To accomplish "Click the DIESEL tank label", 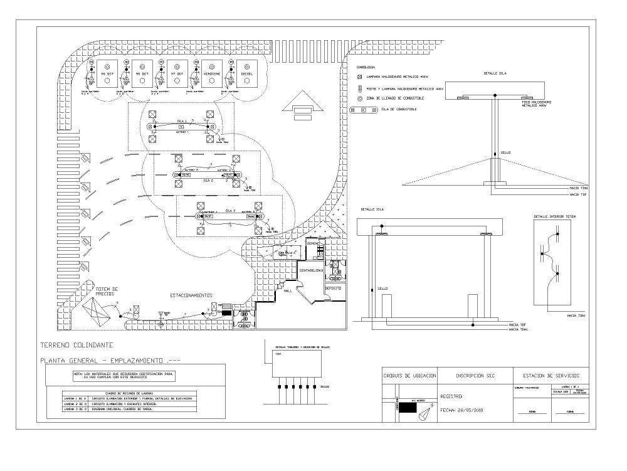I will (246, 74).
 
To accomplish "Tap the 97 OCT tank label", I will (177, 74).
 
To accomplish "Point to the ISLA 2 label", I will (208, 180).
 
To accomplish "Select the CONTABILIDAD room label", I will (312, 270).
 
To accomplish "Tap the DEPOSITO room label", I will (332, 288).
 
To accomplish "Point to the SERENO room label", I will (313, 242).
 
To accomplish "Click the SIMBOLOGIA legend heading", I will (366, 66).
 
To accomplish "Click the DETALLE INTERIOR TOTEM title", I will (554, 216).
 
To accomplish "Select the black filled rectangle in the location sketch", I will (408, 408).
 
